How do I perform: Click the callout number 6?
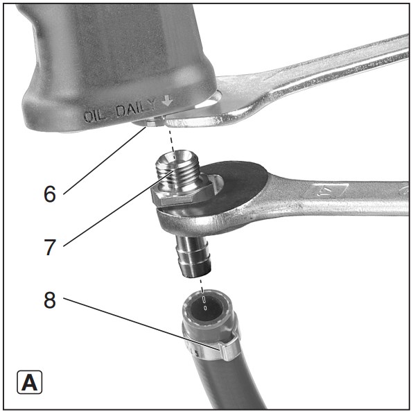click(50, 194)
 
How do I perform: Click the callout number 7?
click(50, 247)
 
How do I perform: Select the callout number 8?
click(50, 300)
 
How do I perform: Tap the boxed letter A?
click(29, 382)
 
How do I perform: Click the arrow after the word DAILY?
click(167, 100)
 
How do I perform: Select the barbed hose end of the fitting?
click(194, 257)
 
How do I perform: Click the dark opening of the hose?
click(206, 308)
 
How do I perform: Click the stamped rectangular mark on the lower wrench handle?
click(328, 191)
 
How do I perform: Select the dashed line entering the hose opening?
click(202, 293)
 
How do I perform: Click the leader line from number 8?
click(141, 324)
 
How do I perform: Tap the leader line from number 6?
click(105, 160)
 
